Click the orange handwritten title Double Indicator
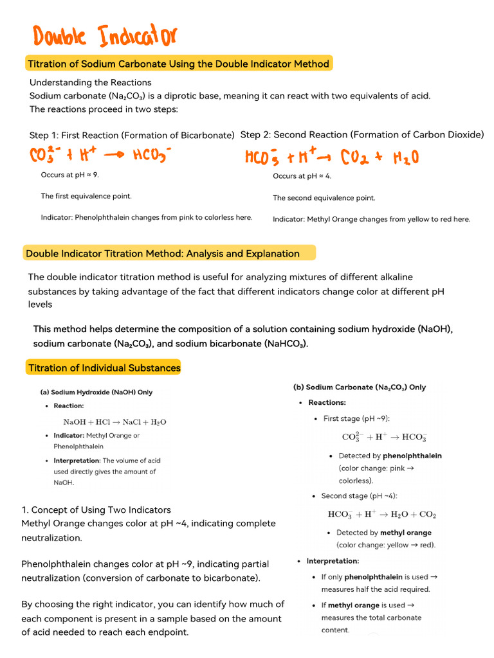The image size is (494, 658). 104,37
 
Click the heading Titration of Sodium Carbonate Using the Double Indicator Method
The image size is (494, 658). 178,64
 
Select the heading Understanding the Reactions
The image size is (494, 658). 91,82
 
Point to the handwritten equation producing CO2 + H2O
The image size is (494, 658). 332,157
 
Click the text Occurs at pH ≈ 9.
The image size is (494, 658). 70,175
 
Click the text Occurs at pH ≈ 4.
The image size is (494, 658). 302,176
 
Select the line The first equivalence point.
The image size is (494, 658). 86,196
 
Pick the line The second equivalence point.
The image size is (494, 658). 324,198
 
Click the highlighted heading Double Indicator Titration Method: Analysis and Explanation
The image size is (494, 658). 163,254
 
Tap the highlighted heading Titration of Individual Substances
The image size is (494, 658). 104,368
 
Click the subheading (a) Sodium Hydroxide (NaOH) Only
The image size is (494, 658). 96,392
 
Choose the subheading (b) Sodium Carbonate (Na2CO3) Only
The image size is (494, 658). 360,387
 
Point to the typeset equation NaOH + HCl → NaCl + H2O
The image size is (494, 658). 114,422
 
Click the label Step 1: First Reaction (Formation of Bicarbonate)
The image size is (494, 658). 132,136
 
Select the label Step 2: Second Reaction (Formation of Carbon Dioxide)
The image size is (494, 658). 361,135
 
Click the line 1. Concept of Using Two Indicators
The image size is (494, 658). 96,510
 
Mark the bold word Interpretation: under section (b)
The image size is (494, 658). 333,561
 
